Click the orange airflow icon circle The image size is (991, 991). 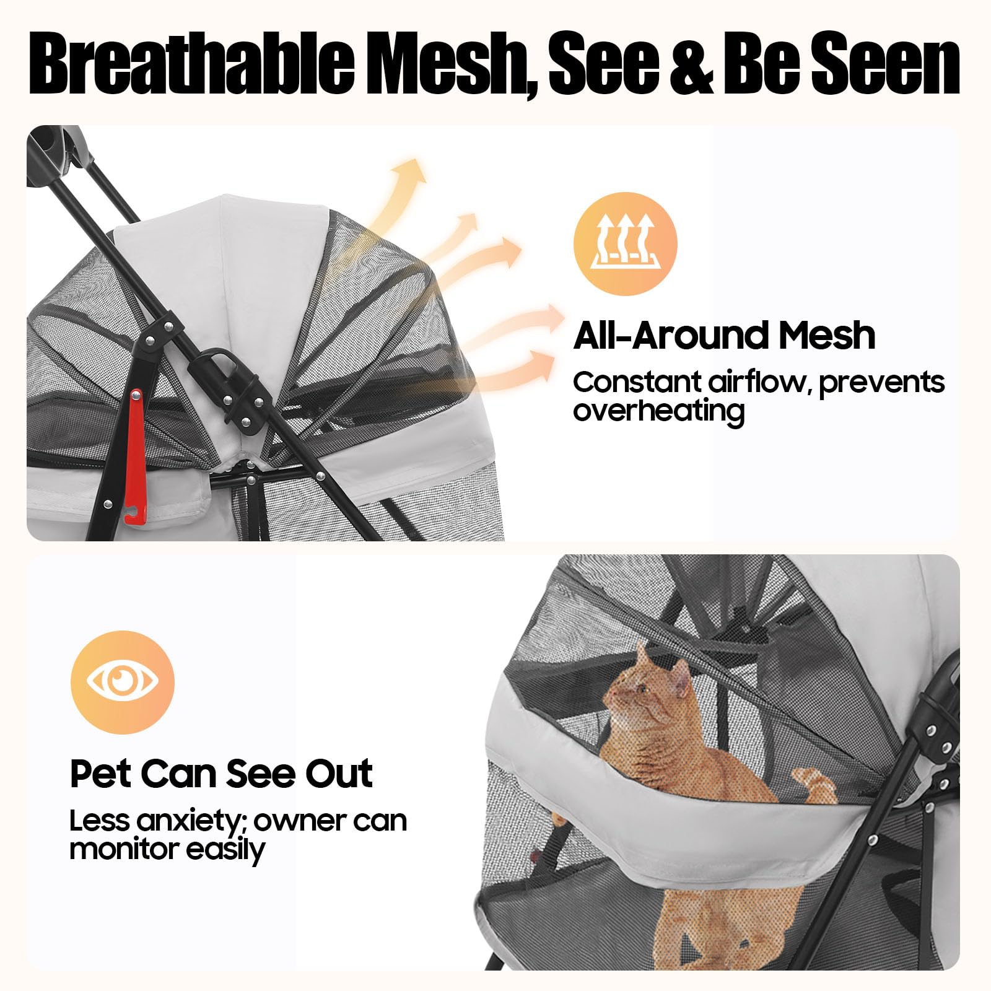click(x=626, y=243)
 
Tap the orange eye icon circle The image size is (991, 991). click(x=123, y=682)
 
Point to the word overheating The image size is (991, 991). click(x=658, y=411)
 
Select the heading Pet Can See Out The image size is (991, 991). click(x=221, y=773)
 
